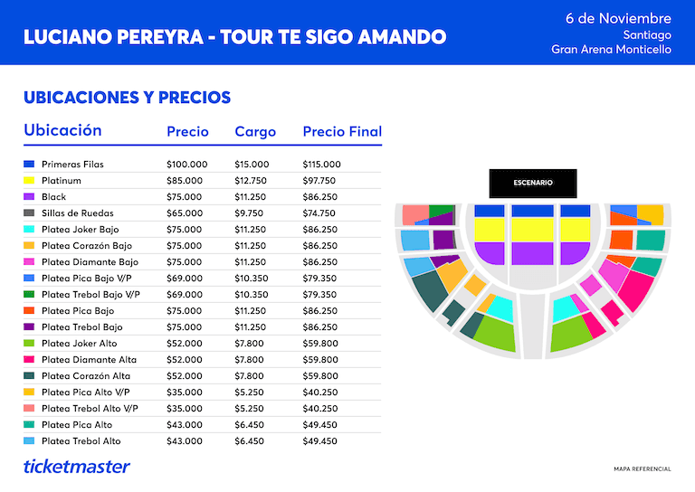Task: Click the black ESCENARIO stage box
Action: tap(533, 183)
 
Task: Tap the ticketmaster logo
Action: tap(77, 467)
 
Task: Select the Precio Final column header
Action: tap(342, 131)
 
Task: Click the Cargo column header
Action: tap(255, 132)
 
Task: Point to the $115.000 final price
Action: tap(322, 165)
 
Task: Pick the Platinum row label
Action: tap(62, 181)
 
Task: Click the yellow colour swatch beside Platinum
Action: tap(29, 180)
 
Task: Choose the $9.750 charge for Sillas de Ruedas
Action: tap(249, 213)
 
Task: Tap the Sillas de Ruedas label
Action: tap(78, 213)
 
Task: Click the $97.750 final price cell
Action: tap(319, 181)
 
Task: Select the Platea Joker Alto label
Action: tap(80, 343)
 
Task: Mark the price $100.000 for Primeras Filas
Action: tap(187, 165)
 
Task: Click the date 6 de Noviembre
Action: tap(618, 19)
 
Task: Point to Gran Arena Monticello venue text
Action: tap(611, 49)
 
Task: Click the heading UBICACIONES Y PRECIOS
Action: tap(128, 98)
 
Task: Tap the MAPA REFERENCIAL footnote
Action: tap(643, 469)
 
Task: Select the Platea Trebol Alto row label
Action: tap(81, 441)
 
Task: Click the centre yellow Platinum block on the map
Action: tap(533, 230)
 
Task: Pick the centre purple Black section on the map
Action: tap(533, 253)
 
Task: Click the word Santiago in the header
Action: tap(647, 35)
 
